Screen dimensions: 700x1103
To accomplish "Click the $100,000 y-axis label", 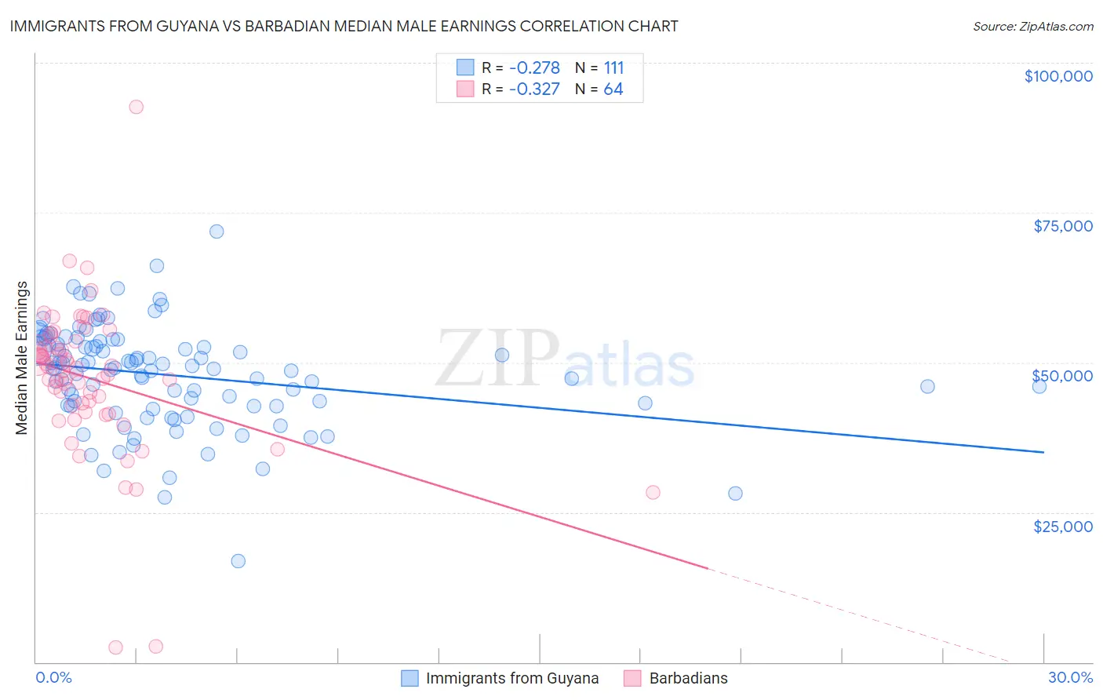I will coord(1058,76).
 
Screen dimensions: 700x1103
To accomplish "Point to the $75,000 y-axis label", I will coord(1062,226).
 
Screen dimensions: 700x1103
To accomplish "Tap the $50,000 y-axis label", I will coord(1062,376).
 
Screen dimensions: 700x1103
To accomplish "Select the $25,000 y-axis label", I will coord(1062,526).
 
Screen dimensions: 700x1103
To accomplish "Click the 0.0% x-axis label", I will coord(53,677).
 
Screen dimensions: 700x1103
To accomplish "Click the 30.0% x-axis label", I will coord(1070,677).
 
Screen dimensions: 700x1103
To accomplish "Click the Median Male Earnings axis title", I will coord(21,358).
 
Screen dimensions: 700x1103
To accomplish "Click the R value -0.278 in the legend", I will coord(534,67).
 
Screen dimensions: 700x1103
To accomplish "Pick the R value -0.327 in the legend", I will coord(534,89).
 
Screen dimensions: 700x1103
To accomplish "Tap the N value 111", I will coord(613,67).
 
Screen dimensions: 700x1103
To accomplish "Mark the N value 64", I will coord(613,89).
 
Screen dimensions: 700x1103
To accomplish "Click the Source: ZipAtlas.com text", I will coord(1032,26).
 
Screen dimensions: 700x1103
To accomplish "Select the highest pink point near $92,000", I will coord(137,107).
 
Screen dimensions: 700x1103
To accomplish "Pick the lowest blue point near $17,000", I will coord(238,561).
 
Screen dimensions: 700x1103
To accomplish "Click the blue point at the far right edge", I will coord(1039,386).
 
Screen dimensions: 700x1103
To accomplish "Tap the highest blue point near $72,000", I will coord(217,232).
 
